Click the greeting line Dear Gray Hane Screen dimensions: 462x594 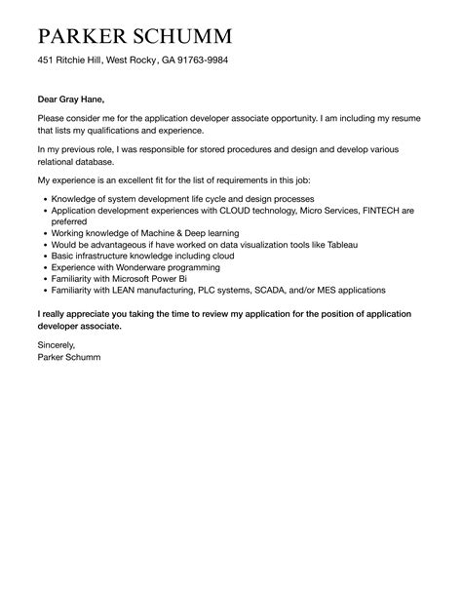(70, 99)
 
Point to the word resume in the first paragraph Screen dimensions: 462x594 (404, 117)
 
